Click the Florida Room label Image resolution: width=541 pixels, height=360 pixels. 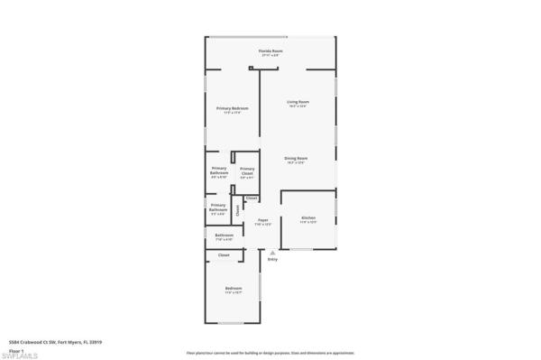[x=266, y=52]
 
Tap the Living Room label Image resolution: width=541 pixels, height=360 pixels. [x=298, y=103]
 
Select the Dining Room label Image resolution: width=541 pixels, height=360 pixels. [x=297, y=159]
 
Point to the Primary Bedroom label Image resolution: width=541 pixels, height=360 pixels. [x=233, y=109]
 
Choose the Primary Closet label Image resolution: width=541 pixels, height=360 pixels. [x=246, y=173]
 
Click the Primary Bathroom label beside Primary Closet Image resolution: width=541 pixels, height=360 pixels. [x=219, y=171]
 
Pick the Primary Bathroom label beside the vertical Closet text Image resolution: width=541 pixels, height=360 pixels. [x=218, y=211]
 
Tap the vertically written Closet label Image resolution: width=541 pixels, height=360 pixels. [x=238, y=211]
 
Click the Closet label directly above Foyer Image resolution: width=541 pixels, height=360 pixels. [x=252, y=198]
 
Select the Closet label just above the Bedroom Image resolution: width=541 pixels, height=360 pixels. [x=224, y=255]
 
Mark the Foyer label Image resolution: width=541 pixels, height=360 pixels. [x=263, y=221]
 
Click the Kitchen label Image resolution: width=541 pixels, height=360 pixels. [x=307, y=219]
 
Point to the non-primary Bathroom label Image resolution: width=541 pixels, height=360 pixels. [x=225, y=237]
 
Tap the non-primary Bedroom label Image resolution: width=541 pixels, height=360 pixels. [x=234, y=290]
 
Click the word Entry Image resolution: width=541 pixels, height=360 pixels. [x=272, y=260]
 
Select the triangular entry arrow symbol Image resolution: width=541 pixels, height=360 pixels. [x=272, y=254]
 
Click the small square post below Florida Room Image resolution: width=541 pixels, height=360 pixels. [x=251, y=68]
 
